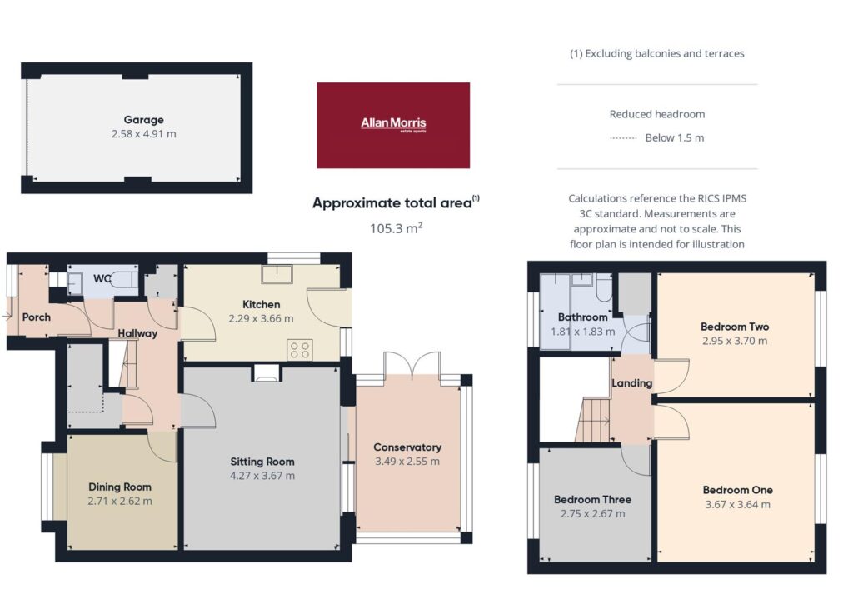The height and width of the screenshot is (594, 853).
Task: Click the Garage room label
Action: (x=143, y=120)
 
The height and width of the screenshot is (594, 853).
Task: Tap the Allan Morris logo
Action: (x=393, y=125)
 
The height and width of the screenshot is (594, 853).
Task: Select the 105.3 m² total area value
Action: (x=396, y=228)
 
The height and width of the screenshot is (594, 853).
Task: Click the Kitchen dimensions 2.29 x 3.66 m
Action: (x=261, y=319)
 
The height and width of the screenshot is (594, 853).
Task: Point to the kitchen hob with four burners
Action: (x=300, y=349)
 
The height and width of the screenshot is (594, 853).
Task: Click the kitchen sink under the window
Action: (x=277, y=273)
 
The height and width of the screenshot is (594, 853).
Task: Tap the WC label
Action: (x=102, y=279)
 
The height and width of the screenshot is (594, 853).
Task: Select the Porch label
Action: (x=37, y=317)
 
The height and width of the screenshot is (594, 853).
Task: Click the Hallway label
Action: (x=137, y=333)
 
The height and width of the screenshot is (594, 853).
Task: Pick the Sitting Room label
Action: (x=262, y=462)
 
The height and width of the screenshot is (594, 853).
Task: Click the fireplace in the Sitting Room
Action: (x=267, y=372)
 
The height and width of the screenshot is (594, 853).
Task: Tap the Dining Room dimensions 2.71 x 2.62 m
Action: (x=120, y=501)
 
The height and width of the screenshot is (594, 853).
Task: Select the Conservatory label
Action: (x=407, y=447)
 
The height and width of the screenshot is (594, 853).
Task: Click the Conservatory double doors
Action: (x=412, y=366)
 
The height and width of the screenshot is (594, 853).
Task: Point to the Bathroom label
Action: (x=582, y=317)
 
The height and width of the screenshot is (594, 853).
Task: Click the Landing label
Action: (x=631, y=383)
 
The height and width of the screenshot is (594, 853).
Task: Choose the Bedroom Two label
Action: (x=735, y=327)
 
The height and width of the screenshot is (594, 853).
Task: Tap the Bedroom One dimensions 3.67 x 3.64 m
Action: (x=738, y=504)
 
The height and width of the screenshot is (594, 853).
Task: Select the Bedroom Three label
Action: (x=593, y=499)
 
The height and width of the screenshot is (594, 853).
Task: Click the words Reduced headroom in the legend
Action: (x=657, y=114)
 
